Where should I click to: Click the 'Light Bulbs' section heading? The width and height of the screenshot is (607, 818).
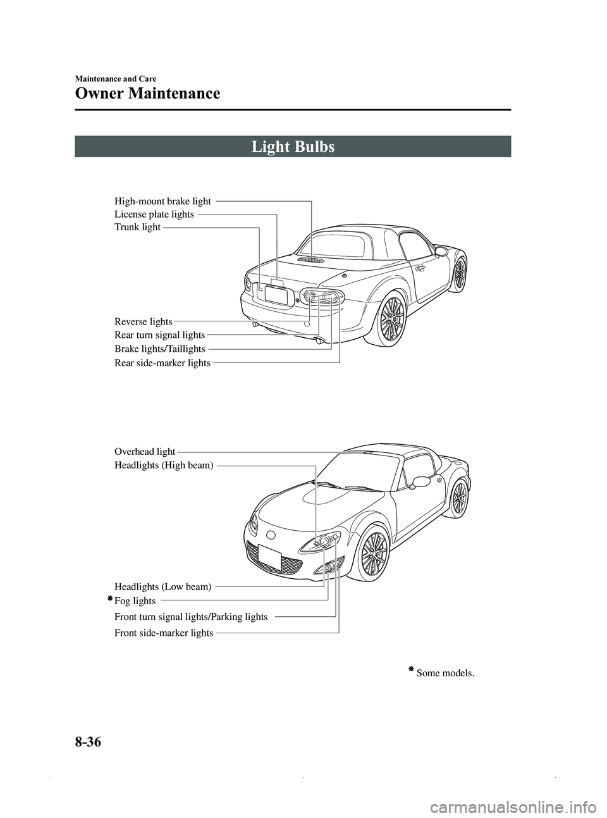(x=293, y=147)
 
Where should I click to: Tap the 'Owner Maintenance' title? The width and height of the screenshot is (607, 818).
(x=147, y=94)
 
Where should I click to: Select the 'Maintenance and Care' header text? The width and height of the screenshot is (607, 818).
(x=116, y=78)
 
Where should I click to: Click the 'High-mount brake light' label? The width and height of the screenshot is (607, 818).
(x=162, y=201)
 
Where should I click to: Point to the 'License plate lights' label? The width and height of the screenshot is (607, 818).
(x=154, y=214)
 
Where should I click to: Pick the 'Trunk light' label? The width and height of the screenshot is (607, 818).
(x=137, y=226)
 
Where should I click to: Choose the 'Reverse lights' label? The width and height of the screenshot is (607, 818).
(x=143, y=322)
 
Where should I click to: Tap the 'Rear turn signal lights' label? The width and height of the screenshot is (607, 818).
(x=159, y=335)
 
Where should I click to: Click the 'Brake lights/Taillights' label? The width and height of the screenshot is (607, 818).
(x=159, y=349)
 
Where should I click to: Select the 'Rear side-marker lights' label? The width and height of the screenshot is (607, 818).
(x=162, y=363)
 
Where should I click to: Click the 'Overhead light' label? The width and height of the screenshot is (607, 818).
(x=145, y=451)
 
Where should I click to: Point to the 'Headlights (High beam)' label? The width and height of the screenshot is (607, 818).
(x=164, y=465)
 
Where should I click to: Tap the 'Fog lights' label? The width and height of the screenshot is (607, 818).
(x=135, y=600)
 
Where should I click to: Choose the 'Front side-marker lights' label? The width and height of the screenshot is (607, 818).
(x=163, y=633)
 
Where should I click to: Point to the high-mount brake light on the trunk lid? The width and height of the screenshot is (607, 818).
(x=311, y=260)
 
